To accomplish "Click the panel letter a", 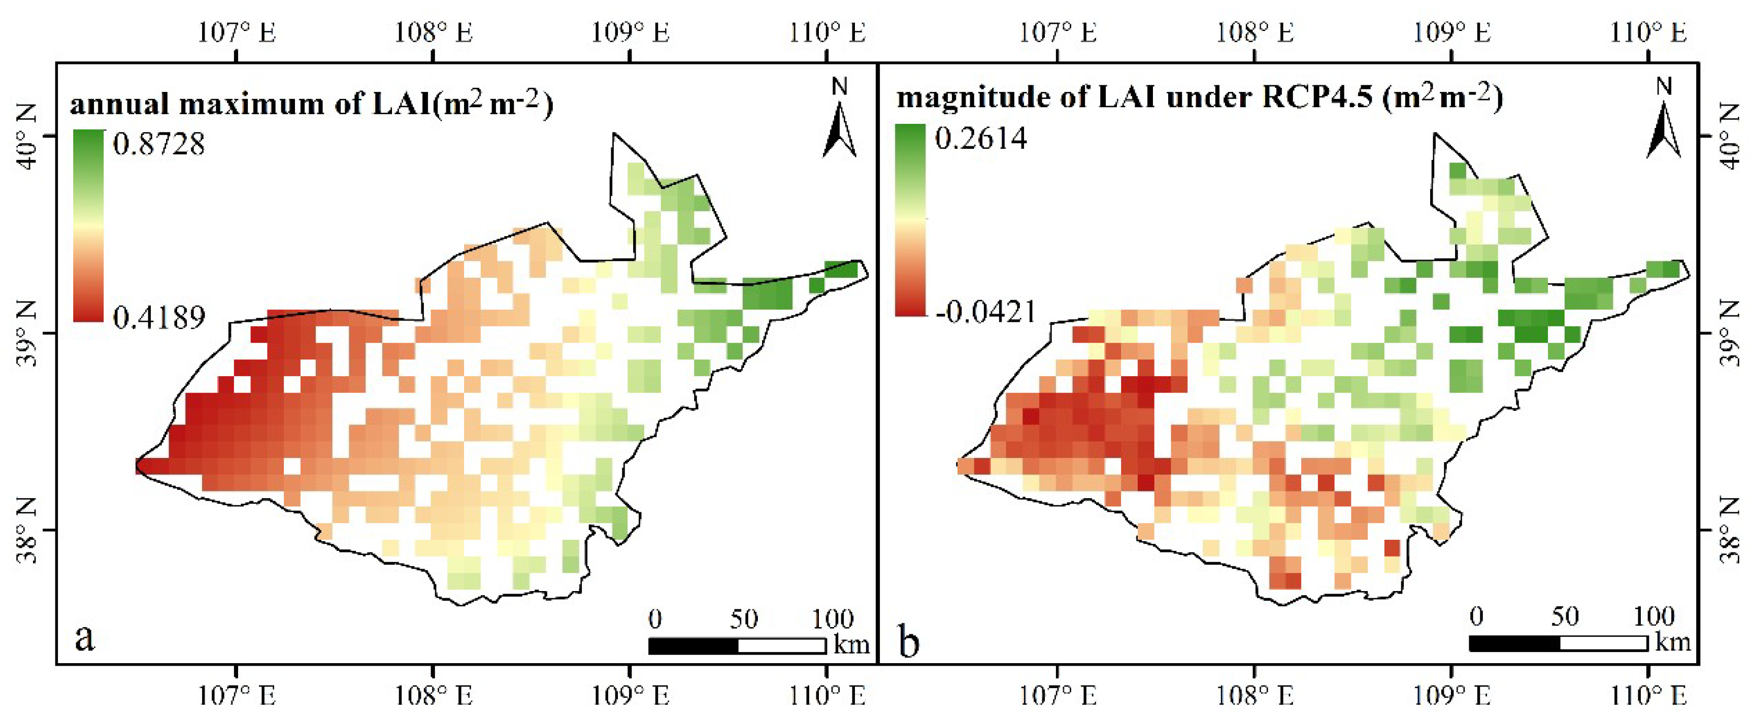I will (84, 638).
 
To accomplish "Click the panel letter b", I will (909, 641).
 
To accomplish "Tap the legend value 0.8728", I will (158, 144).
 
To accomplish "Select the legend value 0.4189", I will (158, 317).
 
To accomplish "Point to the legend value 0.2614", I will (980, 139).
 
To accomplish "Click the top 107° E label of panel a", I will (237, 32).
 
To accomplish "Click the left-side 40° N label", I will (25, 136).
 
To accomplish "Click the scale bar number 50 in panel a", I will (744, 619).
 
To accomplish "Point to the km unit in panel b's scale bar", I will (1672, 641).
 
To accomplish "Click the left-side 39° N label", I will (25, 334).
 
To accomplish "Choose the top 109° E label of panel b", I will (1452, 32).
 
